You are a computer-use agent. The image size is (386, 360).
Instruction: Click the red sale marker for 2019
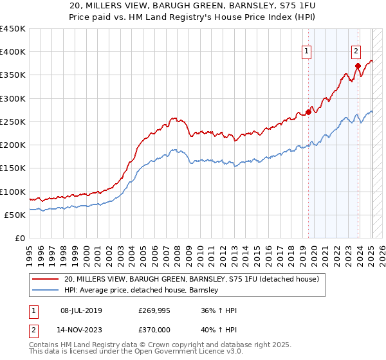308,112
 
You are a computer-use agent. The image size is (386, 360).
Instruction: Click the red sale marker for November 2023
358,66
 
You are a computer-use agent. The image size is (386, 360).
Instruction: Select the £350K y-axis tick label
14,75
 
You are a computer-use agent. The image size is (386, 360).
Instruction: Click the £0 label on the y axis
20,238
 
